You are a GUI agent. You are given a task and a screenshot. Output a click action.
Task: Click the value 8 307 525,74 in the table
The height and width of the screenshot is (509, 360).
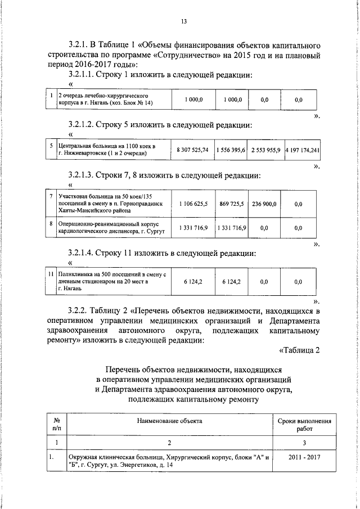192,150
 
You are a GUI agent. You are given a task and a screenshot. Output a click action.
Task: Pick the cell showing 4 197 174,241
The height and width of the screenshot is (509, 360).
302,150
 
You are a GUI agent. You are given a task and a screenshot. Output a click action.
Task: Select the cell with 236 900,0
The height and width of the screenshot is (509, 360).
264,204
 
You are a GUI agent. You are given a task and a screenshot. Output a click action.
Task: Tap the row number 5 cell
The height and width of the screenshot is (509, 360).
51,146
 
